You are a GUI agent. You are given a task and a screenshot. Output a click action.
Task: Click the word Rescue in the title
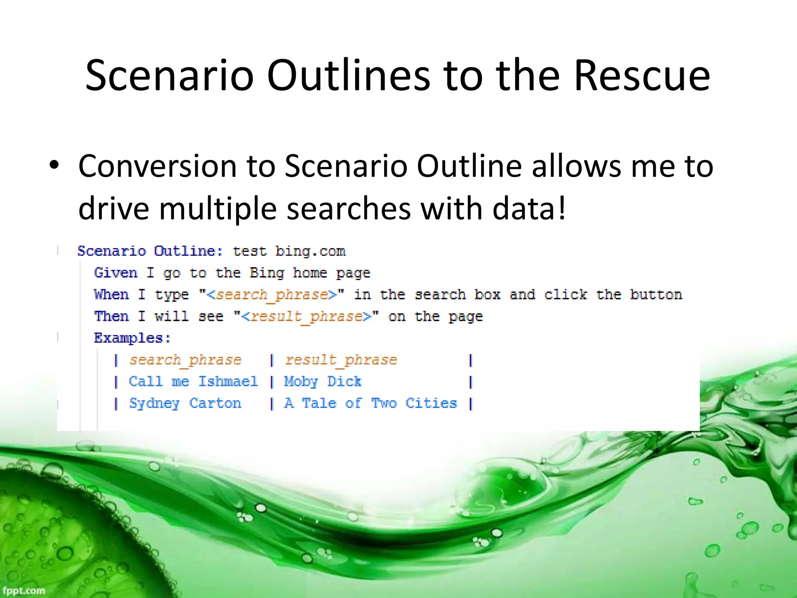642,76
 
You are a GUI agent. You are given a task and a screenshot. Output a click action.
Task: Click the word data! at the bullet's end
529,209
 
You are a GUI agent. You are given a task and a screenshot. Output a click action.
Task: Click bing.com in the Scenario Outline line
310,252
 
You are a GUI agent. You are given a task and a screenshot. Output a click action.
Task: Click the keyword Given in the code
116,273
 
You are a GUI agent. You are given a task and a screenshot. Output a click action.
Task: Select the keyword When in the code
111,295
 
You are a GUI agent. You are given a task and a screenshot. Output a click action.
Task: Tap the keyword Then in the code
111,316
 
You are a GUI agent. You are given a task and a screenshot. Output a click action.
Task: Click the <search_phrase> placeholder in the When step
271,295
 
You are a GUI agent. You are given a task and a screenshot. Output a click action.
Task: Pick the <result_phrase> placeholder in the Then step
306,317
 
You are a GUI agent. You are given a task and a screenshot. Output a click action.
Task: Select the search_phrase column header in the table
185,360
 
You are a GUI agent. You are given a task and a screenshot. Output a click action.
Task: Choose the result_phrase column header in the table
341,360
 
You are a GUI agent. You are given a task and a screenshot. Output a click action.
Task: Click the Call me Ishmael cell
193,382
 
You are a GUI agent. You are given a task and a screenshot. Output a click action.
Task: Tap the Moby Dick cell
323,382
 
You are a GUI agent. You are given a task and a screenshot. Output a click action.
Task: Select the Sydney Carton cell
185,403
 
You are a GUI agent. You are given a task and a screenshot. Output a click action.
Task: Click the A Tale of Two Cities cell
370,403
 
